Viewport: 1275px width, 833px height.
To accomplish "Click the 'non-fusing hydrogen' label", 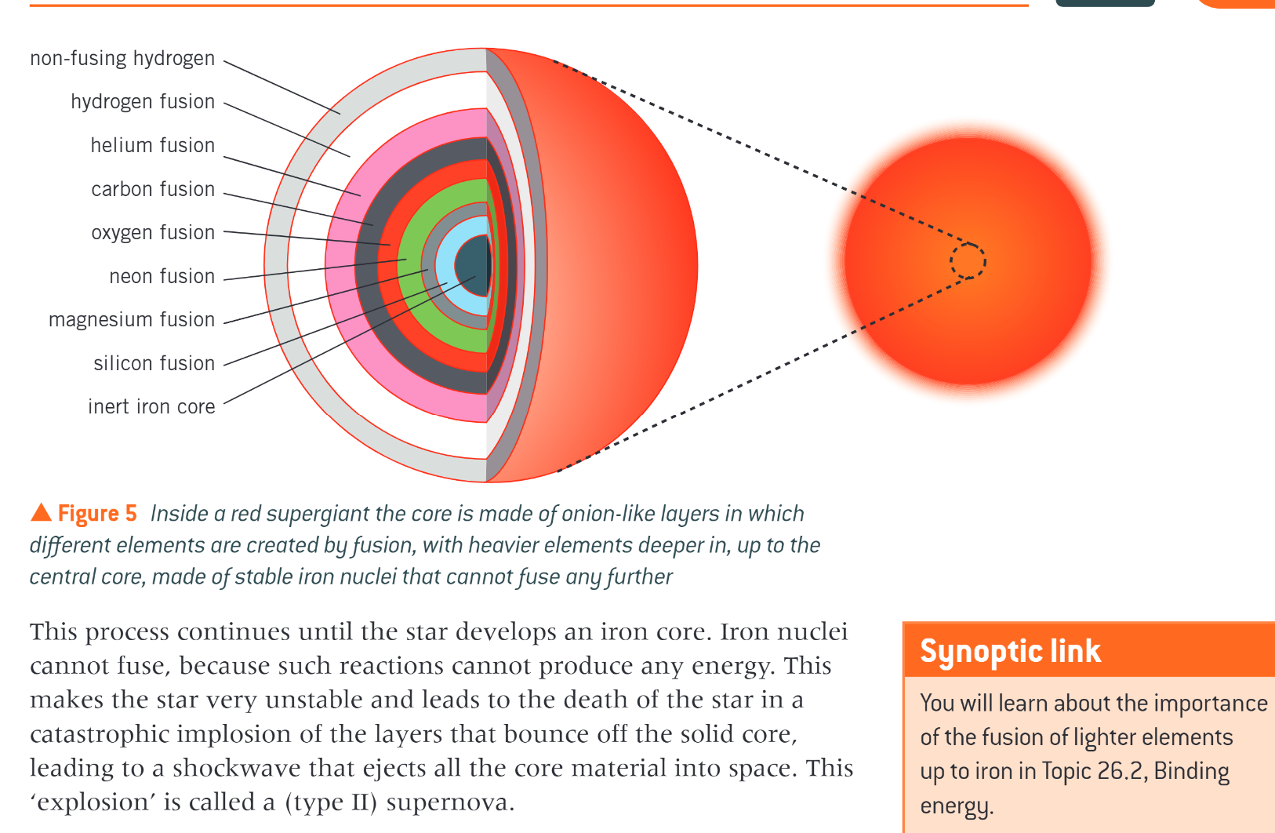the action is tap(122, 59).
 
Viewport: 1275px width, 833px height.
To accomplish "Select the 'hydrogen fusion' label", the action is tap(143, 102).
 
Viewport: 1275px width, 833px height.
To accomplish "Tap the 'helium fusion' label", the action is tap(153, 146).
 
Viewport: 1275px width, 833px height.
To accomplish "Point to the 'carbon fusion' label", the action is tap(153, 189).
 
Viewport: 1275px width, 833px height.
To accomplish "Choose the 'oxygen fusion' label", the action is tap(153, 233).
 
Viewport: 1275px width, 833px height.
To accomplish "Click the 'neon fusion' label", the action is tap(162, 276).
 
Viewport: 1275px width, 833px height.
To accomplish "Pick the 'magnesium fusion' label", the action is tap(132, 320).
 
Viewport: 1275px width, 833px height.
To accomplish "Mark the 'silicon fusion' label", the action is tap(154, 363).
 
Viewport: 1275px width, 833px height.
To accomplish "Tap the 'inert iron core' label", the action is tap(151, 407).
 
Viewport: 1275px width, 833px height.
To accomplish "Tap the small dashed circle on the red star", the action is tap(968, 261).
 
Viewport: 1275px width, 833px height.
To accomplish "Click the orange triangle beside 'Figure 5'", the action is tap(41, 513).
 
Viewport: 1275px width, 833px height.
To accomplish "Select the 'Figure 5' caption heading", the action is tap(97, 514).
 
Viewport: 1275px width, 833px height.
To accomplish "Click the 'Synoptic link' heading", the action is tap(1010, 651).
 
